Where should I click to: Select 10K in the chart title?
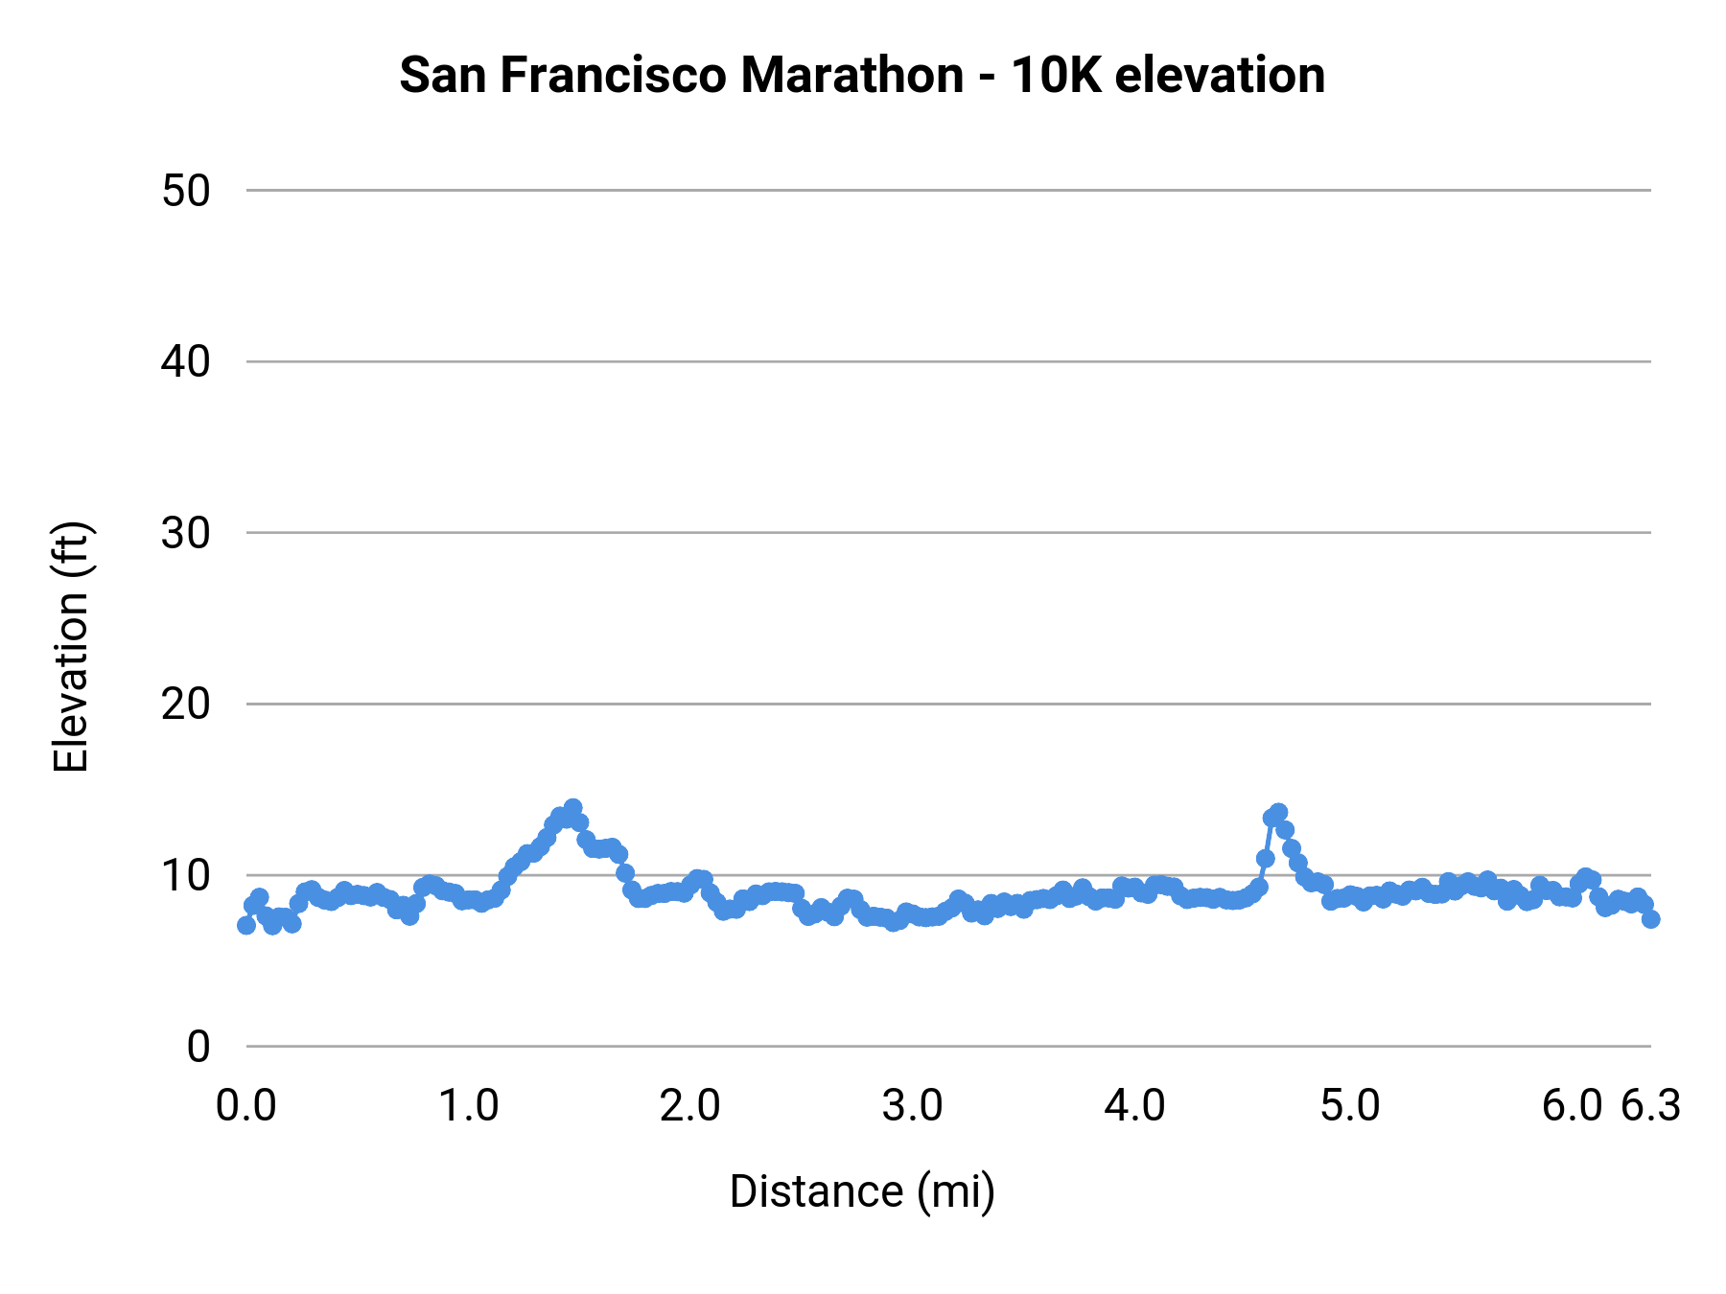pyautogui.click(x=1052, y=75)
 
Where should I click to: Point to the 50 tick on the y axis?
pyautogui.click(x=186, y=191)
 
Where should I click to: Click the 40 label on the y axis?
pyautogui.click(x=186, y=362)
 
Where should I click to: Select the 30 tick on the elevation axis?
pyautogui.click(x=186, y=533)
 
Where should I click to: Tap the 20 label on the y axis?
pyautogui.click(x=186, y=705)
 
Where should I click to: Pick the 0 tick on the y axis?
pyautogui.click(x=198, y=1047)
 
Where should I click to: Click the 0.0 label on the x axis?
pyautogui.click(x=246, y=1106)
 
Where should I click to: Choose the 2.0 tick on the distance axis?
pyautogui.click(x=690, y=1106)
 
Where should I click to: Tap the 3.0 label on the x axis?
pyautogui.click(x=912, y=1106)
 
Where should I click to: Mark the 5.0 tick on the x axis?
pyautogui.click(x=1350, y=1106)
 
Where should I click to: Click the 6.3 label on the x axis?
pyautogui.click(x=1650, y=1106)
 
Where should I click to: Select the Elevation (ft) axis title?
pyautogui.click(x=71, y=647)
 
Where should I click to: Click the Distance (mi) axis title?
pyautogui.click(x=862, y=1191)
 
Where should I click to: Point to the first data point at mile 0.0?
pyautogui.click(x=246, y=925)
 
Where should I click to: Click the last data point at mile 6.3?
pyautogui.click(x=1650, y=918)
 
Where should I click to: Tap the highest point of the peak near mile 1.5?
pyautogui.click(x=572, y=808)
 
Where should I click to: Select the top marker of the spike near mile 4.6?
pyautogui.click(x=1278, y=813)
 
